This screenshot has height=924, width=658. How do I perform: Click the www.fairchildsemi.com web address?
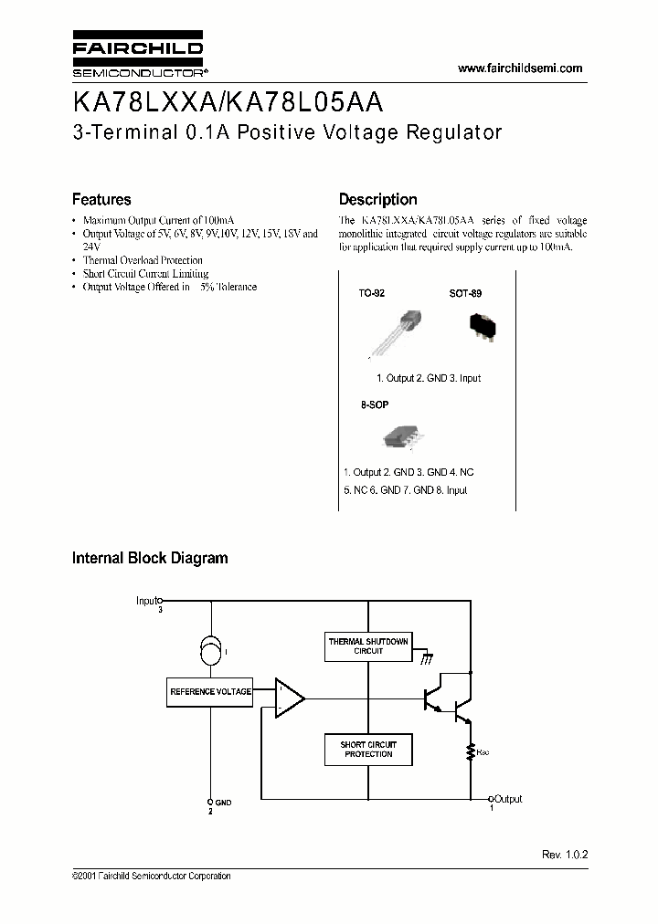(519, 68)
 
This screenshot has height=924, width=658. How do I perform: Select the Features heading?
(101, 199)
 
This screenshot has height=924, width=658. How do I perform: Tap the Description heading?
(377, 199)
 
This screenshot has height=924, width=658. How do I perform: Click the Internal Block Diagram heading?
(150, 558)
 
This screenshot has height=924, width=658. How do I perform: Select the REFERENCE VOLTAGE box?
(210, 692)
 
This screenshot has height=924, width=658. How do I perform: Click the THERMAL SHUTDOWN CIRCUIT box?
(368, 646)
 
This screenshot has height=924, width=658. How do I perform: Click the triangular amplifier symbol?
(290, 698)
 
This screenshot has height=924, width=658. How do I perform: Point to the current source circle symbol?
(210, 652)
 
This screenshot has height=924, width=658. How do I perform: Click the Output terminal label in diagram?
(508, 799)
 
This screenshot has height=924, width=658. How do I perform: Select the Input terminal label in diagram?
(148, 601)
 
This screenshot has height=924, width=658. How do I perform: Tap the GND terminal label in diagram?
(223, 803)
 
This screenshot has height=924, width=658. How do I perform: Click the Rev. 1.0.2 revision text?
(564, 855)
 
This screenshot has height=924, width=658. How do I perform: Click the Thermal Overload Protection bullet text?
(143, 260)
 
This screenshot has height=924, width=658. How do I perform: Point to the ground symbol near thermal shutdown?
(427, 657)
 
